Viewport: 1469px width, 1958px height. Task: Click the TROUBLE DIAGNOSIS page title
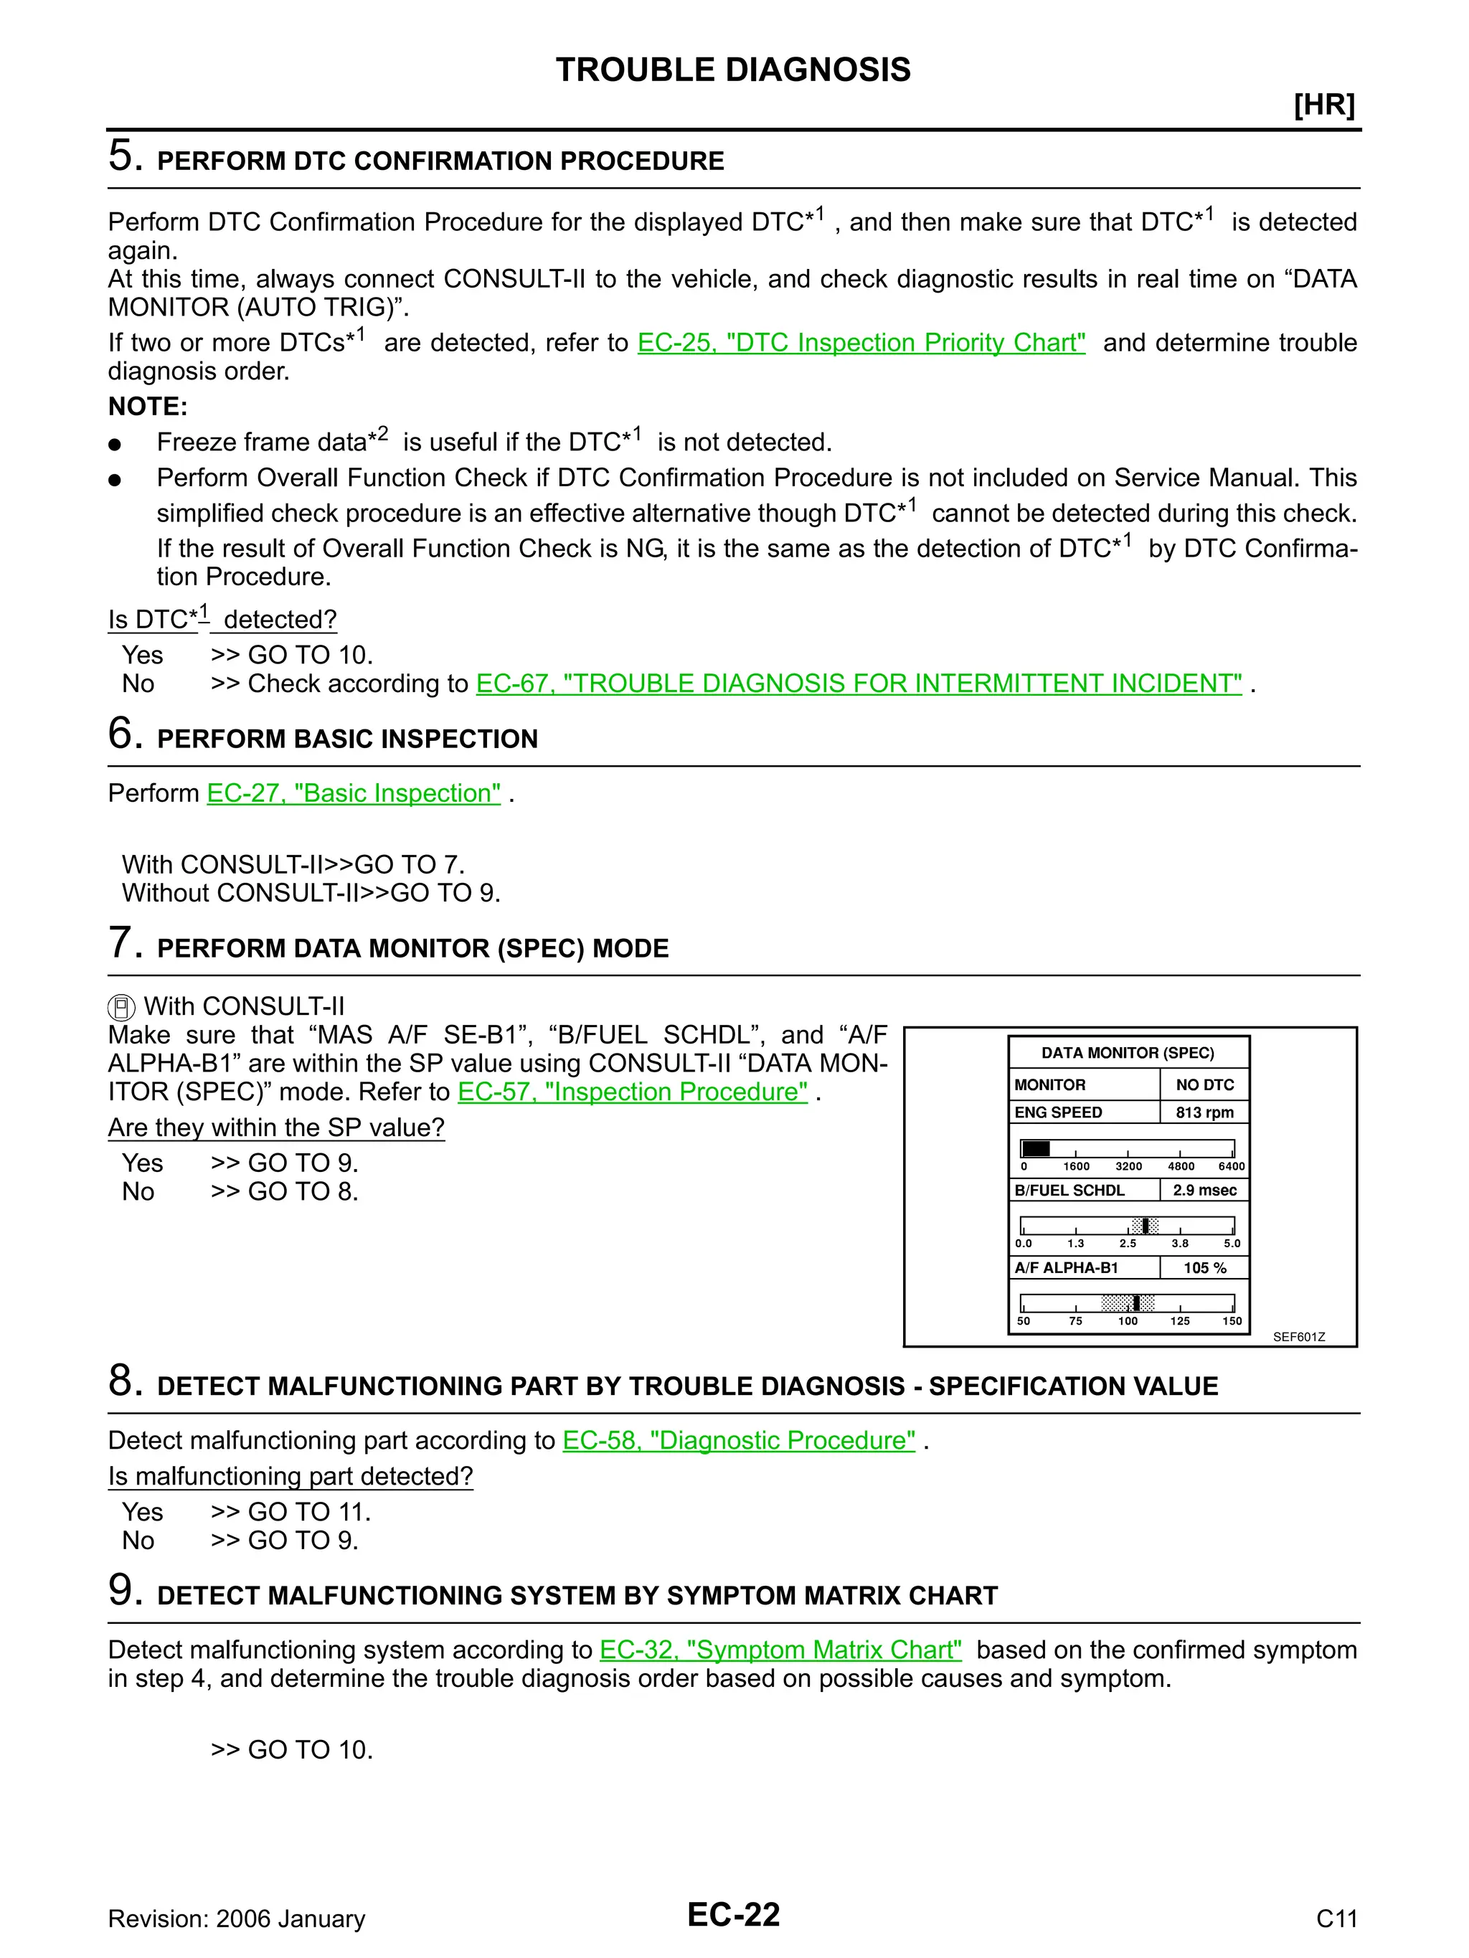[733, 70]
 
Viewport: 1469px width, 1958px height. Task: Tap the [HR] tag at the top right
[1324, 105]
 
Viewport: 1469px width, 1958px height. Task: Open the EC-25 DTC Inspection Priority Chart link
[861, 343]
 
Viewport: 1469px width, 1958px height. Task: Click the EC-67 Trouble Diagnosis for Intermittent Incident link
[858, 684]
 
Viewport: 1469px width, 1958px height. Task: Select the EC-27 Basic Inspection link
[354, 793]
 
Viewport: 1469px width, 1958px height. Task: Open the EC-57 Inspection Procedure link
[632, 1092]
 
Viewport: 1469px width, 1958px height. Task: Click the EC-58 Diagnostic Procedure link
[739, 1441]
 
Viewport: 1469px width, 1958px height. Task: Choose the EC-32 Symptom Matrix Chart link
[780, 1651]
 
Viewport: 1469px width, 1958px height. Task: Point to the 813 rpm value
[1204, 1112]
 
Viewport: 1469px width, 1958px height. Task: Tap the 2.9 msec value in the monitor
[1204, 1191]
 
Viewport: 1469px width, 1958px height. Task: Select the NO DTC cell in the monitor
[1204, 1085]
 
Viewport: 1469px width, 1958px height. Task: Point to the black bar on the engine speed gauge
[1035, 1149]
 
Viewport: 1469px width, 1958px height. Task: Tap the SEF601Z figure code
[1298, 1338]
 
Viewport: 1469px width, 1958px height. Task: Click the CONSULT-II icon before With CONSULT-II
[121, 1007]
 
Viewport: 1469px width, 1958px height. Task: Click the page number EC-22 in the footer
[733, 1915]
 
